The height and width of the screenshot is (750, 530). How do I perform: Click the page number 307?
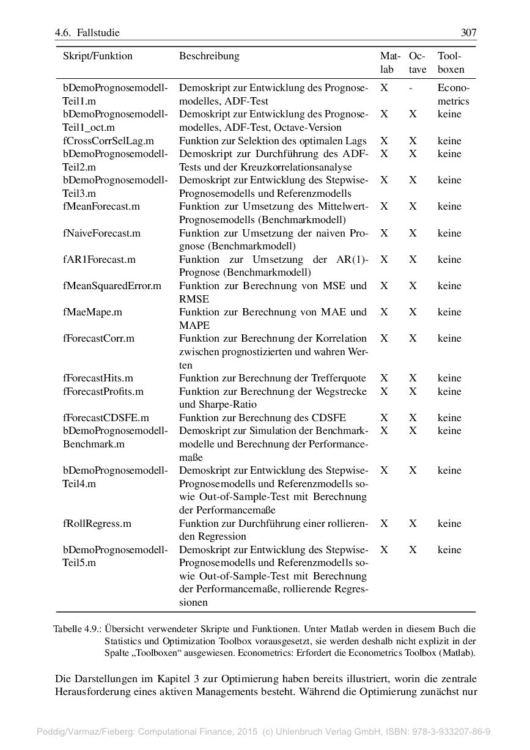coord(468,32)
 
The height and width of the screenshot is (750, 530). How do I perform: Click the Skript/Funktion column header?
coord(97,56)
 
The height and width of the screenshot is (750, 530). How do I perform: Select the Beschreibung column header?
coord(209,56)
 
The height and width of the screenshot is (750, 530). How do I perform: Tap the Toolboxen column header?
coord(451,63)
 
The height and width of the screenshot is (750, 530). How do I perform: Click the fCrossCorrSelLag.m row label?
coord(108,141)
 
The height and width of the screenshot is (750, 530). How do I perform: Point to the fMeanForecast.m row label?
coord(101,207)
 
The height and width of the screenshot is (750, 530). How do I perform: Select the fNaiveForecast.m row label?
coord(101,233)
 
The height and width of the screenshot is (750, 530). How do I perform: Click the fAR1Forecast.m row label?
coord(99,259)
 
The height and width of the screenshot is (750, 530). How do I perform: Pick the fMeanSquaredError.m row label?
coord(112,285)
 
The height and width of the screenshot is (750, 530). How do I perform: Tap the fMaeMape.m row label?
coord(92,312)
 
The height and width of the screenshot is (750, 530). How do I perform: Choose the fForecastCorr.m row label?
coord(98,338)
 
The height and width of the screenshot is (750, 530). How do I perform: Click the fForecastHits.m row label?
coord(98,378)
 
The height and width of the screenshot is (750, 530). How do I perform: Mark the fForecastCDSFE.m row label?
coord(106,418)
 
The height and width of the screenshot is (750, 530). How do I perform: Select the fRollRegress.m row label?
coord(97,524)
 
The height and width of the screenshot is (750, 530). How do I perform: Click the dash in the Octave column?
coord(411,88)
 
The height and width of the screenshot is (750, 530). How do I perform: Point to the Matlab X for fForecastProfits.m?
coord(384,391)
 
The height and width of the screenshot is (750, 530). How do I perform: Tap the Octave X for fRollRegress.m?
coord(413,524)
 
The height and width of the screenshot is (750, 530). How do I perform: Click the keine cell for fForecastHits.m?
coord(449,378)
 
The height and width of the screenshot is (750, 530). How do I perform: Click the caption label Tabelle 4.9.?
coord(77,628)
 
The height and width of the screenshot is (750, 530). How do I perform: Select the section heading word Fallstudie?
coord(98,32)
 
